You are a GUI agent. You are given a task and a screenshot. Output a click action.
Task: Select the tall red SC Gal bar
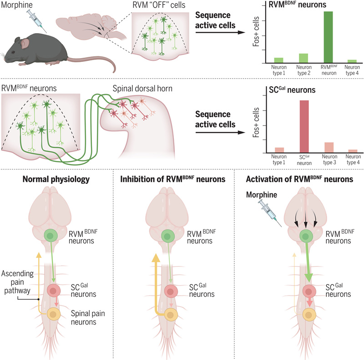(x=304, y=126)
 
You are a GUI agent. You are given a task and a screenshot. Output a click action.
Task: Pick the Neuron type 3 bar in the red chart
(x=329, y=147)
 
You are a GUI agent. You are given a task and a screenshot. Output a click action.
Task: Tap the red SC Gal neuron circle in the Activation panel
(x=310, y=290)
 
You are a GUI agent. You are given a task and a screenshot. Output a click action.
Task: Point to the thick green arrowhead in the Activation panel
(x=310, y=277)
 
